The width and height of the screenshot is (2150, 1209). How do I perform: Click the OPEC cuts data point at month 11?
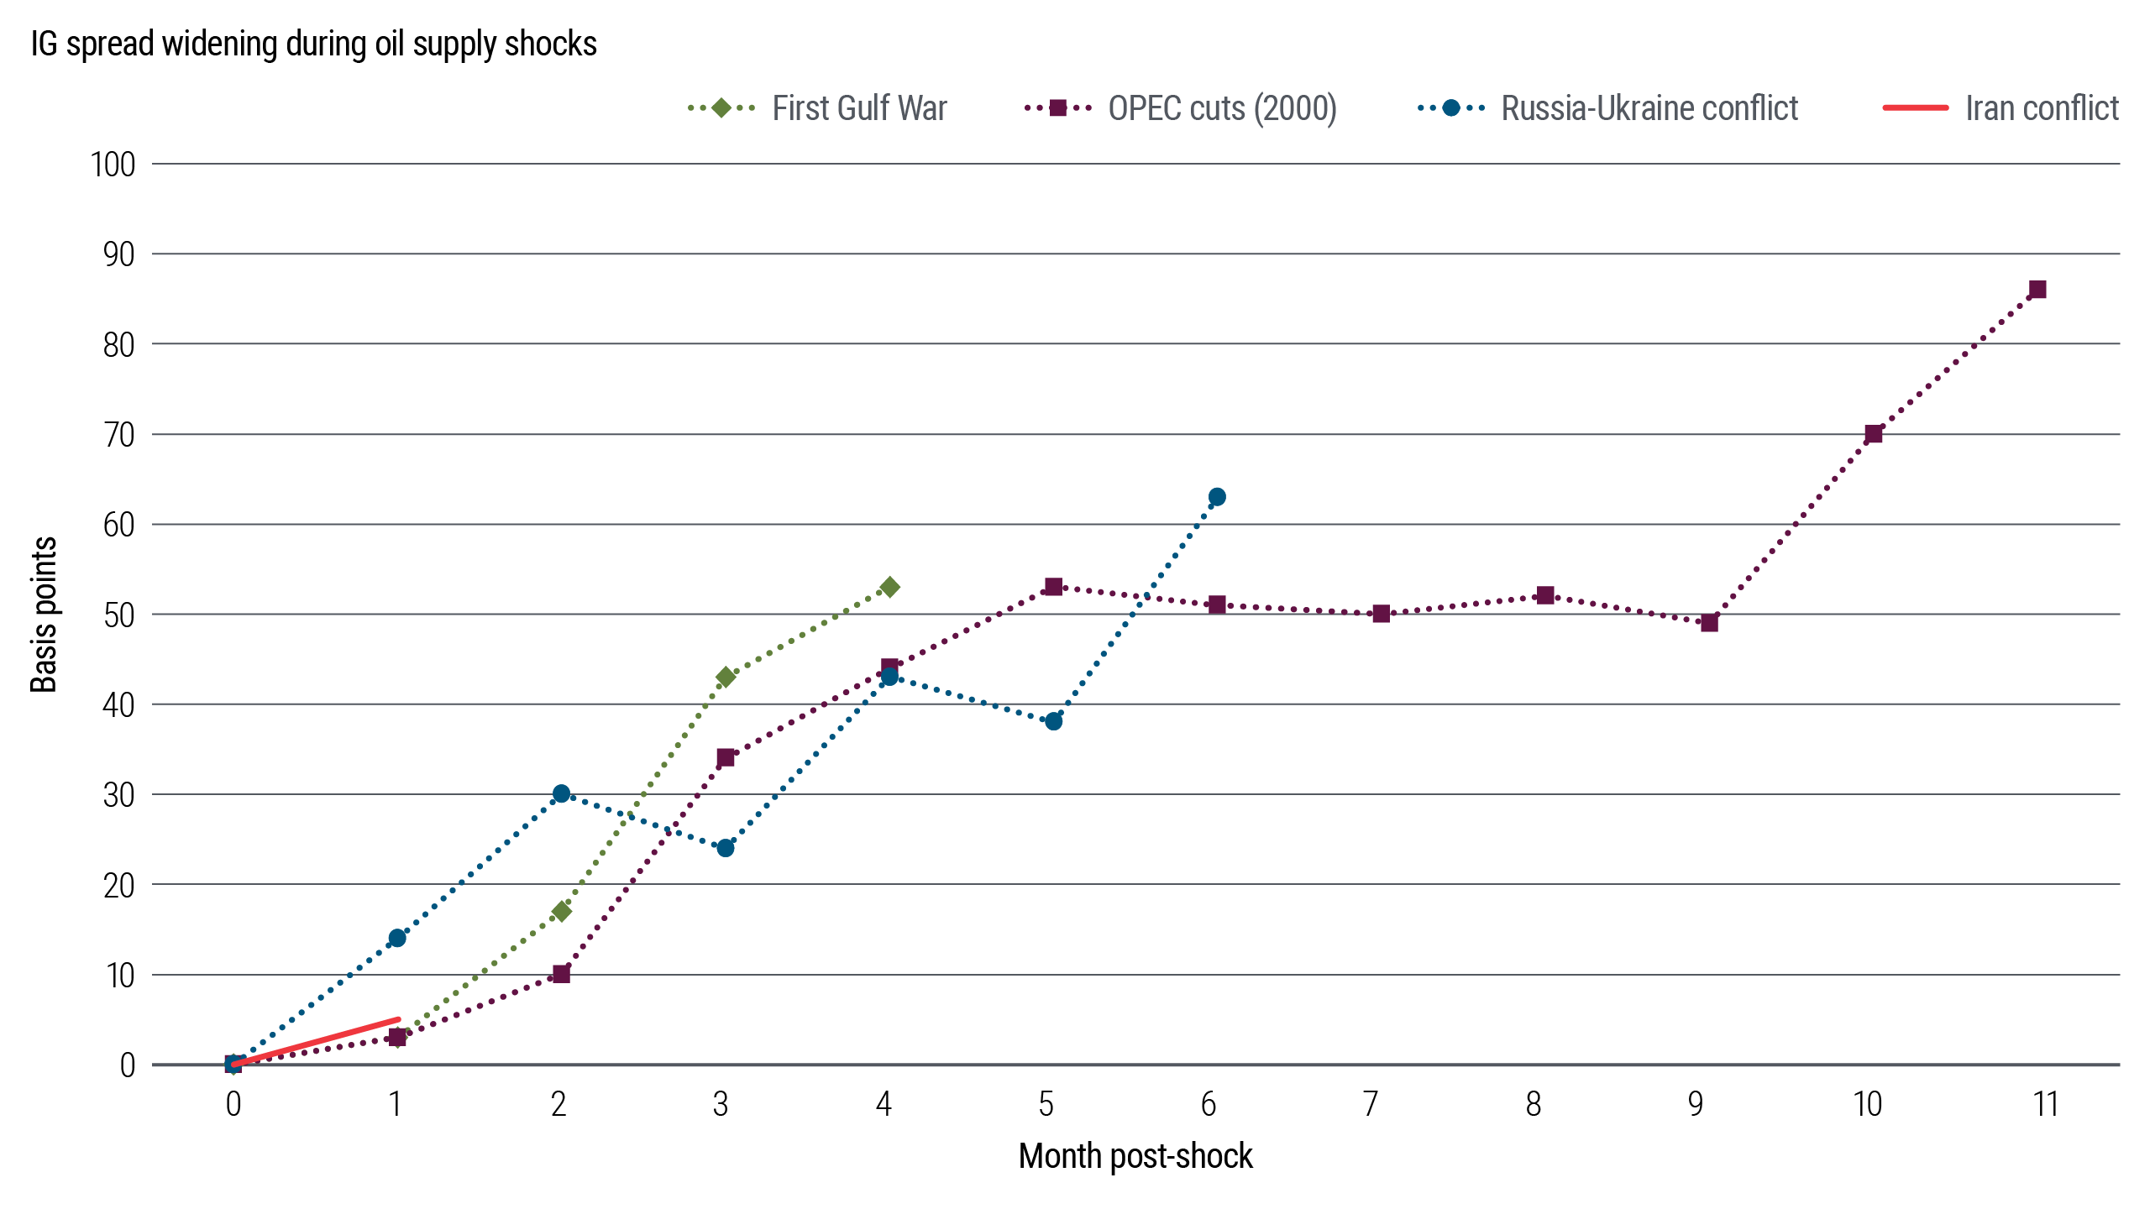(x=2037, y=290)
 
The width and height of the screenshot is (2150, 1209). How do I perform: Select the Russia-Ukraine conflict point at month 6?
(x=1217, y=497)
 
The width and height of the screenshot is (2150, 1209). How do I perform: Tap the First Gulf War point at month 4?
(x=889, y=587)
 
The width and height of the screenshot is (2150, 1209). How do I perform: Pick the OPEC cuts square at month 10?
(x=1873, y=434)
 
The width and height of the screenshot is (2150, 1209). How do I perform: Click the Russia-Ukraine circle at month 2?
(x=561, y=793)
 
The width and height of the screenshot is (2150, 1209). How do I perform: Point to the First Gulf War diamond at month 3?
(x=726, y=677)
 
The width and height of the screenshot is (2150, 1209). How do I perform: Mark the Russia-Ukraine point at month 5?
(x=1053, y=721)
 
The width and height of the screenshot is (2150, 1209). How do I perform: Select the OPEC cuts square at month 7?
(x=1381, y=614)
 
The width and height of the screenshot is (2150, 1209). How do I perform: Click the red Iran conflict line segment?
(x=316, y=1042)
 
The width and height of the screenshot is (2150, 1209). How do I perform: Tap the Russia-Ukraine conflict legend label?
(x=1649, y=108)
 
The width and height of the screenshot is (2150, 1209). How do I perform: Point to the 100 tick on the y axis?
(x=113, y=165)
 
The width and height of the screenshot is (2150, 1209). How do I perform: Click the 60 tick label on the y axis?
(x=118, y=525)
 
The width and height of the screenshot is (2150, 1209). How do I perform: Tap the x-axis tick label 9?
(x=1696, y=1104)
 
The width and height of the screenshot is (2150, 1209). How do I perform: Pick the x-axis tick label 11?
(x=2046, y=1104)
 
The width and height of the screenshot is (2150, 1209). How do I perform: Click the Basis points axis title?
(x=44, y=615)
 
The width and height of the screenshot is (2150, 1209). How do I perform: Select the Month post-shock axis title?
(x=1135, y=1156)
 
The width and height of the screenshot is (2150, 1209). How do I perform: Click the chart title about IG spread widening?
(x=313, y=44)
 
